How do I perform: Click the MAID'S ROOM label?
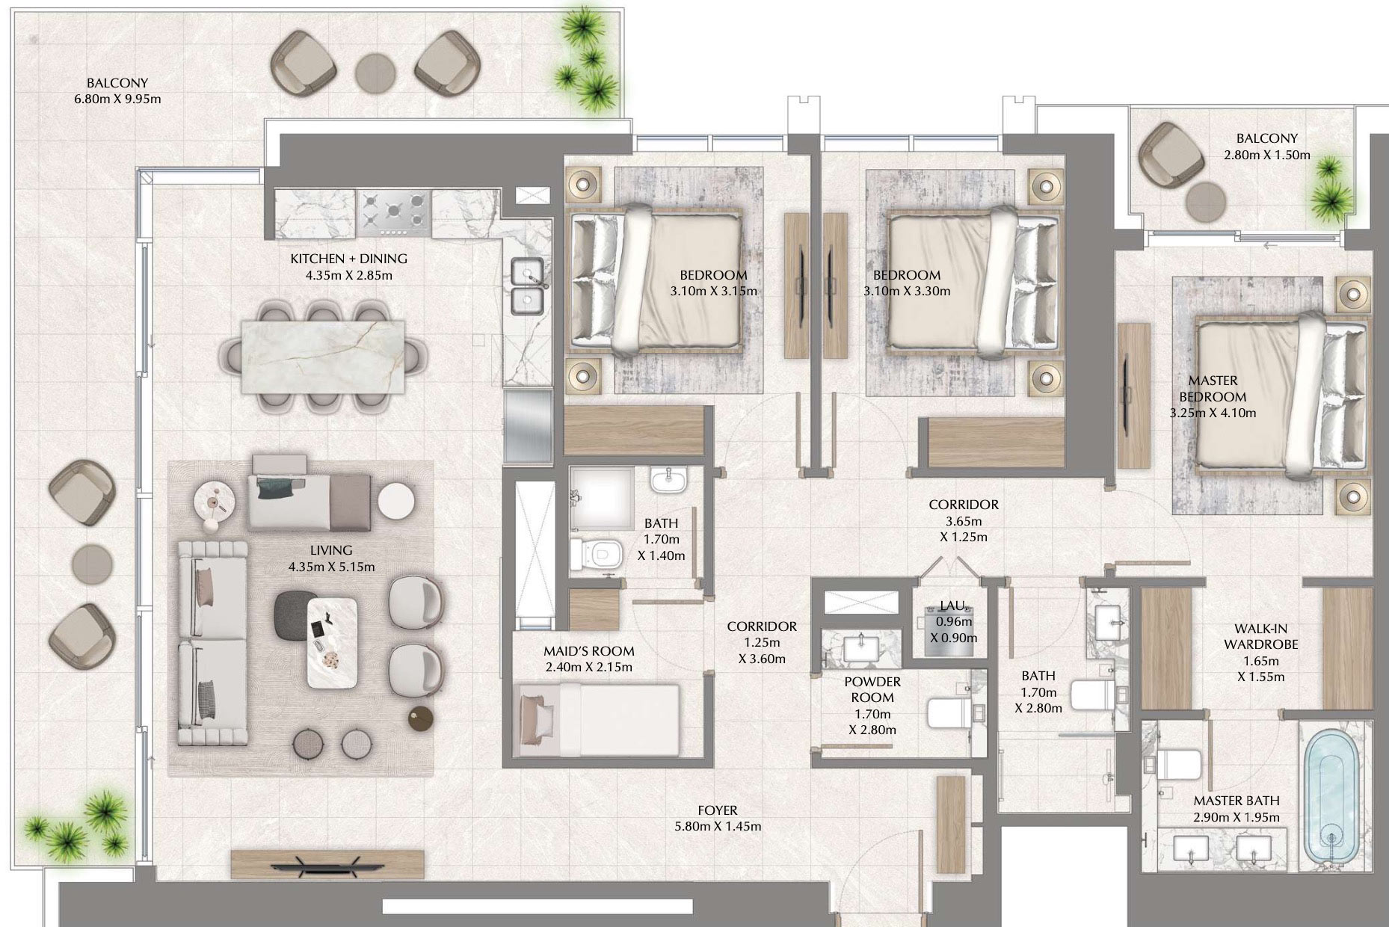pyautogui.click(x=588, y=651)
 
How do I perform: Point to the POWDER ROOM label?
pyautogui.click(x=872, y=689)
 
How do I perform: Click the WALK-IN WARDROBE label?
pyautogui.click(x=1260, y=636)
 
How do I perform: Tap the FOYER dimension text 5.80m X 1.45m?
pyautogui.click(x=718, y=826)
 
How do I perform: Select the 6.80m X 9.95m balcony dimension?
pyautogui.click(x=117, y=99)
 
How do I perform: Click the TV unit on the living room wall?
pyautogui.click(x=327, y=864)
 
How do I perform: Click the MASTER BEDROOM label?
pyautogui.click(x=1213, y=389)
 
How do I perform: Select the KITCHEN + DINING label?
pyautogui.click(x=348, y=259)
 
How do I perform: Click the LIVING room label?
pyautogui.click(x=331, y=550)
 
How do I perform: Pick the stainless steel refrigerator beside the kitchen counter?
pyautogui.click(x=527, y=426)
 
